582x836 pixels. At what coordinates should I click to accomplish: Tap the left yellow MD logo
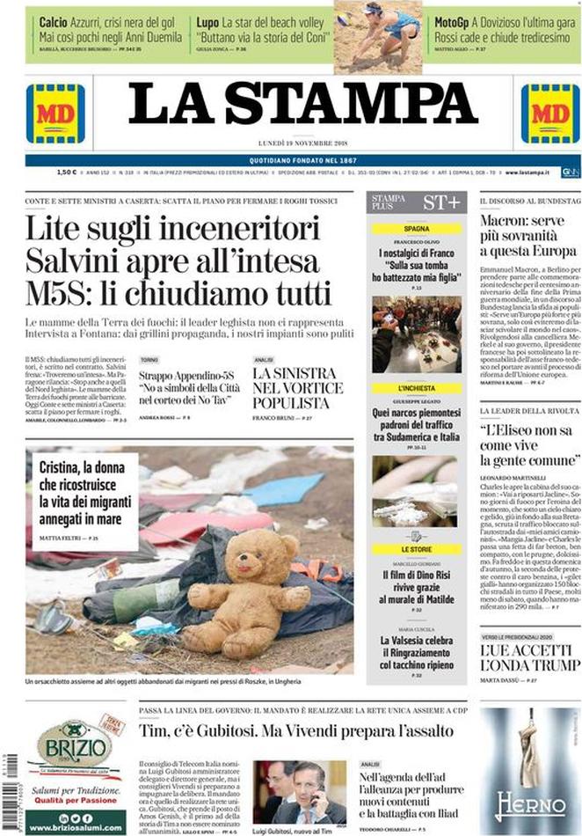55,113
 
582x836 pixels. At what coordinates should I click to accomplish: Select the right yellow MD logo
549,113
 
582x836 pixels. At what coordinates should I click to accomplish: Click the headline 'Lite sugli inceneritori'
171,231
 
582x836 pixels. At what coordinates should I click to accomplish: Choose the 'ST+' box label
440,202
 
